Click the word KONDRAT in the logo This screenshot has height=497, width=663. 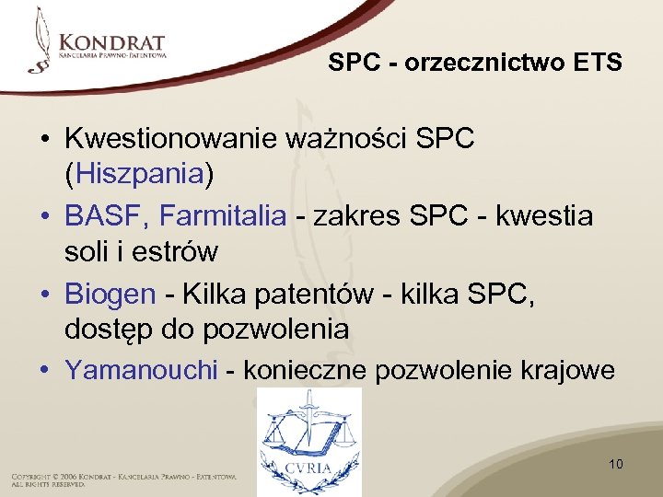(x=110, y=42)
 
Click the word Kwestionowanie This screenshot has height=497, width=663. (x=171, y=139)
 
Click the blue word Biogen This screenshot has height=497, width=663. (x=110, y=294)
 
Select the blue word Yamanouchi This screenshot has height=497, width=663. (x=141, y=369)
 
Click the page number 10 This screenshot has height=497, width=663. (x=616, y=464)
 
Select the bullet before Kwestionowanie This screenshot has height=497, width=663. (x=44, y=140)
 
